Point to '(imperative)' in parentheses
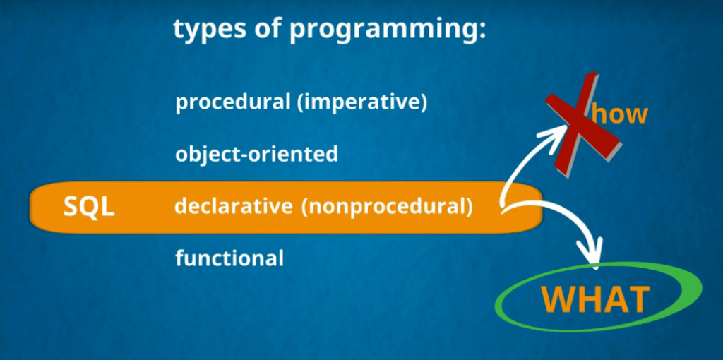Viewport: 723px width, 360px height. coord(362,104)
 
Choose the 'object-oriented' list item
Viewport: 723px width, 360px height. coord(256,155)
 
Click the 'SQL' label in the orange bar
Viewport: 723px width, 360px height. coord(88,208)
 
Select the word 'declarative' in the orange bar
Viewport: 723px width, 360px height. coord(233,207)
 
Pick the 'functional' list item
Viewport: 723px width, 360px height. coord(229,258)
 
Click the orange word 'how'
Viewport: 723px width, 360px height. coord(619,114)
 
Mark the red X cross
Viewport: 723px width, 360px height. coord(582,123)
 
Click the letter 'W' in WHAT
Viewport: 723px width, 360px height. coord(559,299)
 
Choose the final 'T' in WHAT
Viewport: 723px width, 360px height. coord(638,299)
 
